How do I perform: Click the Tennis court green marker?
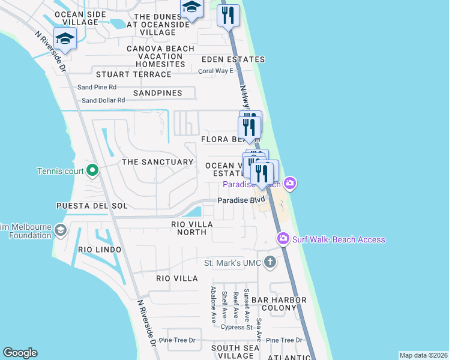(x=92, y=172)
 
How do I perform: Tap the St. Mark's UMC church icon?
(x=270, y=262)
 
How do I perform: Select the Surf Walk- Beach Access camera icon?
(x=283, y=239)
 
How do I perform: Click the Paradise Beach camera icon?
(x=290, y=183)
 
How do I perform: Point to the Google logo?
(x=20, y=353)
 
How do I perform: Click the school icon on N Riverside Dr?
(x=64, y=39)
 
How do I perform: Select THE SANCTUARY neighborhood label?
(x=157, y=162)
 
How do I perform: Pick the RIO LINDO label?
(x=99, y=249)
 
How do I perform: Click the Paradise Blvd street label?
(x=241, y=200)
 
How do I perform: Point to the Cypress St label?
(x=236, y=327)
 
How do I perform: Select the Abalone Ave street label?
(x=213, y=304)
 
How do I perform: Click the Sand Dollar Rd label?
(x=103, y=100)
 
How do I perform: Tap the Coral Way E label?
(x=215, y=71)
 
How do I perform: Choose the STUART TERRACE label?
(x=134, y=74)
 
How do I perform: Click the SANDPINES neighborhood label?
(x=157, y=94)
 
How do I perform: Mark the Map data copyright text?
(x=423, y=355)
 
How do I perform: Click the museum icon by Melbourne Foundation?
(x=60, y=230)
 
